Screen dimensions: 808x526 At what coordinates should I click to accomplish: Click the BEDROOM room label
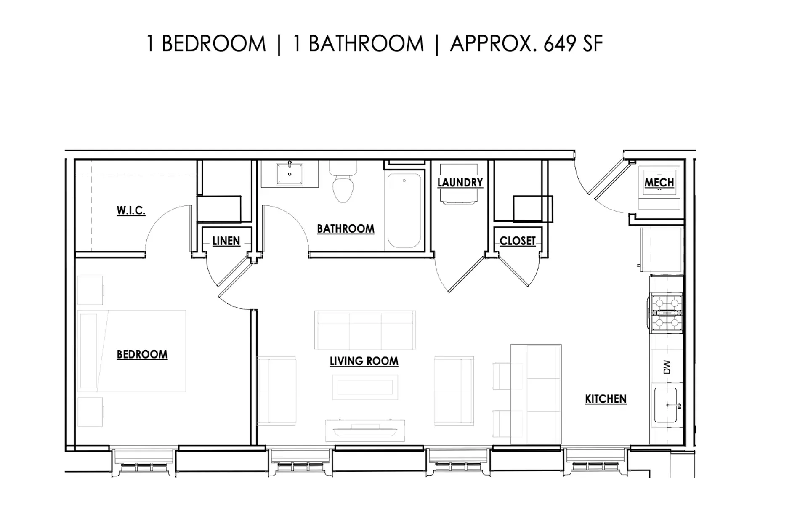[142, 355]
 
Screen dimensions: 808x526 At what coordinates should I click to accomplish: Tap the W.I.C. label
[131, 210]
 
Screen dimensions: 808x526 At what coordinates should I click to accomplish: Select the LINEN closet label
[226, 241]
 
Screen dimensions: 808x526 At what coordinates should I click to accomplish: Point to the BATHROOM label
[346, 229]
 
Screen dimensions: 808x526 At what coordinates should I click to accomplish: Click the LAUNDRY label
[460, 183]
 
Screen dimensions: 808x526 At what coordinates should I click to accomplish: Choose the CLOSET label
[518, 241]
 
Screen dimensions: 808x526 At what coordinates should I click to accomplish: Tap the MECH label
[659, 183]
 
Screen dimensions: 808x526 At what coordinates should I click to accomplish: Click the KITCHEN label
[606, 399]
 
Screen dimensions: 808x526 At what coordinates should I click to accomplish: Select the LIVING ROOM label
[364, 361]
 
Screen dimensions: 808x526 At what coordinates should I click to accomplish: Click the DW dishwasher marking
[667, 367]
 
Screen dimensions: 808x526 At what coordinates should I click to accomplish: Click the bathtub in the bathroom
[404, 210]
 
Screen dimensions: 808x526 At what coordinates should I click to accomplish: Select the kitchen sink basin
[665, 405]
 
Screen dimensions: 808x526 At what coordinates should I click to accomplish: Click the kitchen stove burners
[667, 311]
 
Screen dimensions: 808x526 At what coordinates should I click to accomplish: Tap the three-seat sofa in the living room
[365, 330]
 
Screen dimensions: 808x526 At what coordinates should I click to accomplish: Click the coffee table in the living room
[365, 387]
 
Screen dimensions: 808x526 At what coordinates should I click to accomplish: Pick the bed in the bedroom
[132, 351]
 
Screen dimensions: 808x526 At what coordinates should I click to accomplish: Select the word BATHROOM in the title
[366, 44]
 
